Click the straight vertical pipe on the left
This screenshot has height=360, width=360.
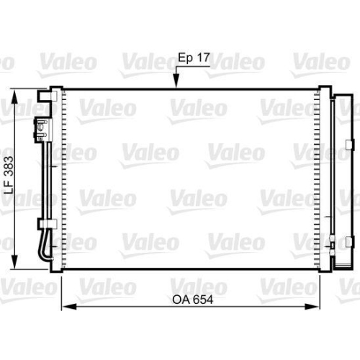45,180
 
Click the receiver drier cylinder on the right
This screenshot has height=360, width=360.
338,176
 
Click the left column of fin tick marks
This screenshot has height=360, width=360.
64,180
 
